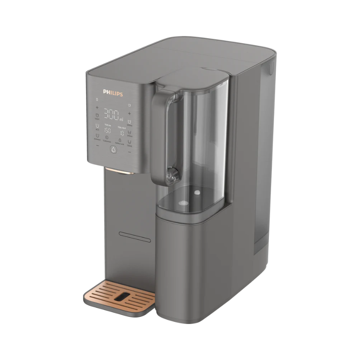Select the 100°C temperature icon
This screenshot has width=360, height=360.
coord(97,115)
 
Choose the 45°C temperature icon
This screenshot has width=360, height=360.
coord(97,126)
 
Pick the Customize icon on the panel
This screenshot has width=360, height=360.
coord(107,138)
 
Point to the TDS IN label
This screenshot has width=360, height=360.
coord(107,126)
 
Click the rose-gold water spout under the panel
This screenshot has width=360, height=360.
coord(120,171)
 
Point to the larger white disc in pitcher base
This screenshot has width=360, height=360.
coord(183,203)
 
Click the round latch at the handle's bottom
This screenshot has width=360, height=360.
coord(172,174)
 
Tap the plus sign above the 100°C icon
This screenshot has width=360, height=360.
coord(97,108)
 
